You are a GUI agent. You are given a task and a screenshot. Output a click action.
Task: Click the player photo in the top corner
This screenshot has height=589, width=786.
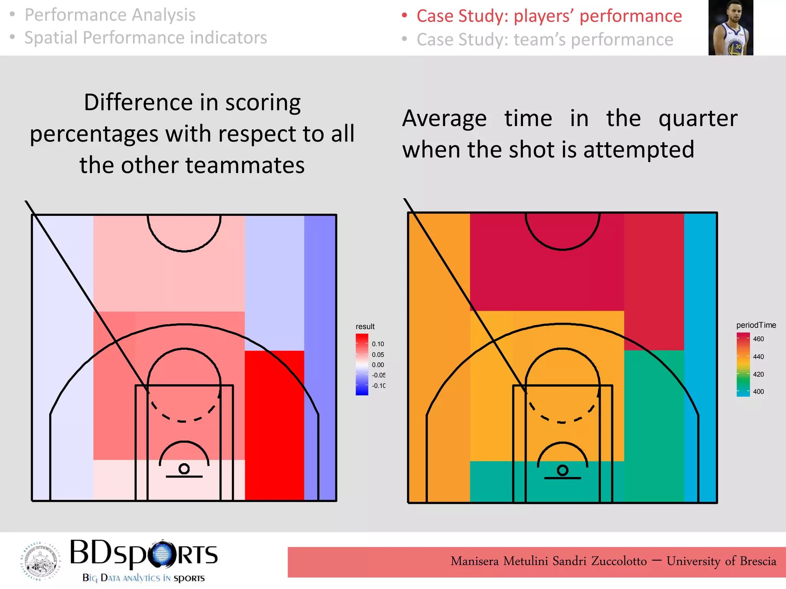coord(730,28)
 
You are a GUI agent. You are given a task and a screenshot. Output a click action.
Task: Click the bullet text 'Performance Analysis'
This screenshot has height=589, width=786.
coord(110,15)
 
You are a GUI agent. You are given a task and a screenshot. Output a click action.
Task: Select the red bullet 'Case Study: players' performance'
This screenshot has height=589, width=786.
coord(549,16)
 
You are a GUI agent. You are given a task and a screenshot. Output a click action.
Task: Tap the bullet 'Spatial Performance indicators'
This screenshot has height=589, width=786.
coord(145,38)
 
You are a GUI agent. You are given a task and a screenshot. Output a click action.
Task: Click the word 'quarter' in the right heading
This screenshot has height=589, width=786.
coord(698,118)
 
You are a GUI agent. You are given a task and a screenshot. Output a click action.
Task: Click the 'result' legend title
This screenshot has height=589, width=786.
coord(365,326)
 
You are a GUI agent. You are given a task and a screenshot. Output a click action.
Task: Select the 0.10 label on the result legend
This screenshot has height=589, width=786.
coord(378,344)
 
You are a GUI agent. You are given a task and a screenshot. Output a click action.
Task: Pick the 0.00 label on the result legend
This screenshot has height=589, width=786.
coord(378,365)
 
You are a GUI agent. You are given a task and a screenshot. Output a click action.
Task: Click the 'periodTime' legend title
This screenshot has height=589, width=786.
coord(756,325)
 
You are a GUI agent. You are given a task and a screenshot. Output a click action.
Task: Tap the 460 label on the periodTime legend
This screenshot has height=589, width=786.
coord(758,339)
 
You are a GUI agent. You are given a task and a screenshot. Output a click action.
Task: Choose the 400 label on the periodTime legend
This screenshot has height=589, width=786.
coord(758,392)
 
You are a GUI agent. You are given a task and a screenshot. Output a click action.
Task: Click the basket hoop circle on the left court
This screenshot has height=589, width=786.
coord(184,469)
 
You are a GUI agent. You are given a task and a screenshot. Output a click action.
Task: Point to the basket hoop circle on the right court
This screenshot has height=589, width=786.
coord(562,470)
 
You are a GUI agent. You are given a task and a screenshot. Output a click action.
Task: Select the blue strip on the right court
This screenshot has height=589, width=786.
coord(700,357)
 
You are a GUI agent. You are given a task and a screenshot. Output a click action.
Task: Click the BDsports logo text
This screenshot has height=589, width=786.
coord(144,554)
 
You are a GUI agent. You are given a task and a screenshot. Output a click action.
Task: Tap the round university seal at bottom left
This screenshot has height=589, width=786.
coord(40,561)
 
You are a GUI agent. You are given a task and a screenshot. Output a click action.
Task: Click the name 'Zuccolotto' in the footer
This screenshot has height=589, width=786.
coord(619,561)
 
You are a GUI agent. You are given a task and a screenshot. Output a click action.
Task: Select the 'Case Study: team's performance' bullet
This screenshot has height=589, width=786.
coord(545,39)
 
